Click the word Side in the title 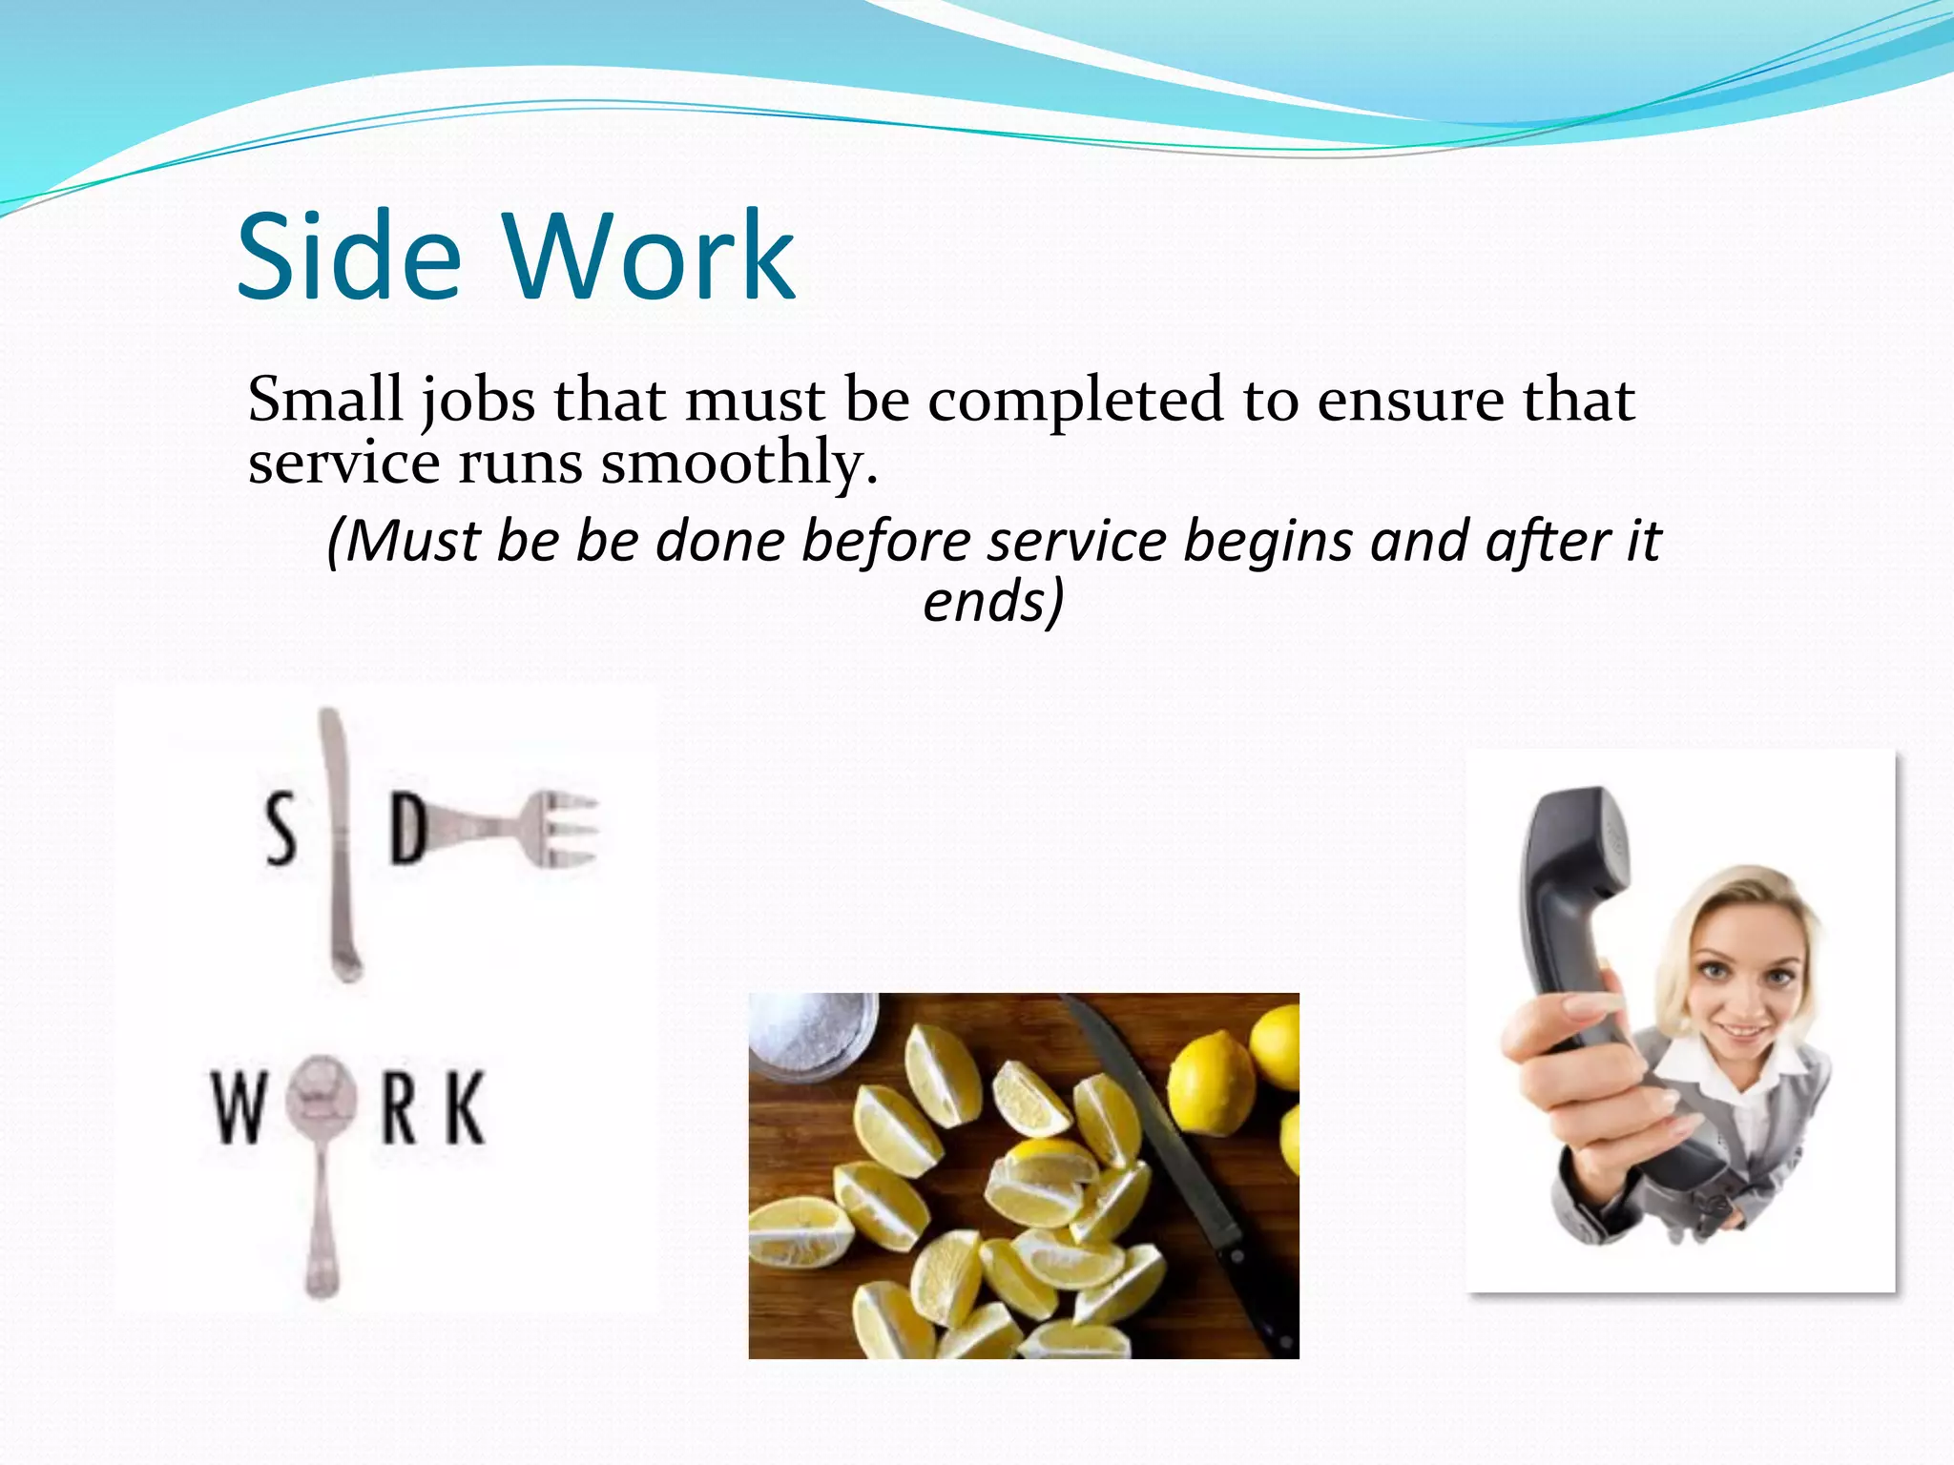coord(348,258)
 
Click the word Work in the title coord(649,258)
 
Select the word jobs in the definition coord(477,401)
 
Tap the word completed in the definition coord(1074,401)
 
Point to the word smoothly coord(738,464)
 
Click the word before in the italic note coord(884,542)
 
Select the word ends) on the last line coord(992,601)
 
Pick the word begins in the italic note coord(1269,542)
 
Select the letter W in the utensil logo coord(238,1108)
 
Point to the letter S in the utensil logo coord(280,830)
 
